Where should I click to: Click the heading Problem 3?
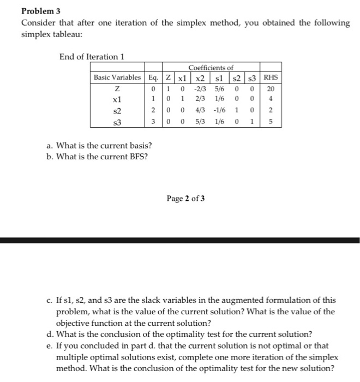[x=41, y=11]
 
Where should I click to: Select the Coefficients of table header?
[x=211, y=68]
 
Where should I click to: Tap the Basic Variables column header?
[x=117, y=77]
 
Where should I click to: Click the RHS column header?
[x=271, y=77]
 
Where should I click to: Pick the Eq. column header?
[x=154, y=77]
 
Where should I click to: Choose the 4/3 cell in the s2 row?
[x=200, y=110]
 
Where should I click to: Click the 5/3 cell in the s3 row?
[x=200, y=122]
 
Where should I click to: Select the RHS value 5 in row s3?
[x=271, y=122]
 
